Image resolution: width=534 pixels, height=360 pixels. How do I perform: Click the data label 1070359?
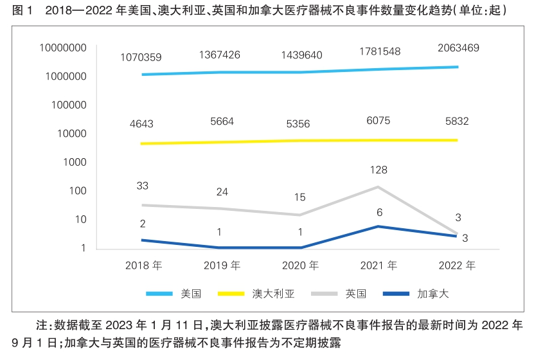141,59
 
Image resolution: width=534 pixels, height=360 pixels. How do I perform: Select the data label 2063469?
458,48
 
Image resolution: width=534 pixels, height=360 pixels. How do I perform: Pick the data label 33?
143,186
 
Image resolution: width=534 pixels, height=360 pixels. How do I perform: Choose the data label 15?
299,198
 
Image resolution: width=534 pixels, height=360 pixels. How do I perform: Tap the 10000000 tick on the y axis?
62,48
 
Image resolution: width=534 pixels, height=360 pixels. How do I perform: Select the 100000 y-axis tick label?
67,105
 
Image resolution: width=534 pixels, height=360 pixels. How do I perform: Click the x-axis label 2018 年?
144,265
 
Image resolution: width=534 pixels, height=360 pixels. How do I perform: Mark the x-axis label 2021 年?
378,265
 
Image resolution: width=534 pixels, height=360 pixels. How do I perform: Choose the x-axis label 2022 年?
457,265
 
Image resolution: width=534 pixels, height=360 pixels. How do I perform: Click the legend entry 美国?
191,294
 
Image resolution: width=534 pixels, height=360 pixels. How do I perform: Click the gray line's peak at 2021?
378,187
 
